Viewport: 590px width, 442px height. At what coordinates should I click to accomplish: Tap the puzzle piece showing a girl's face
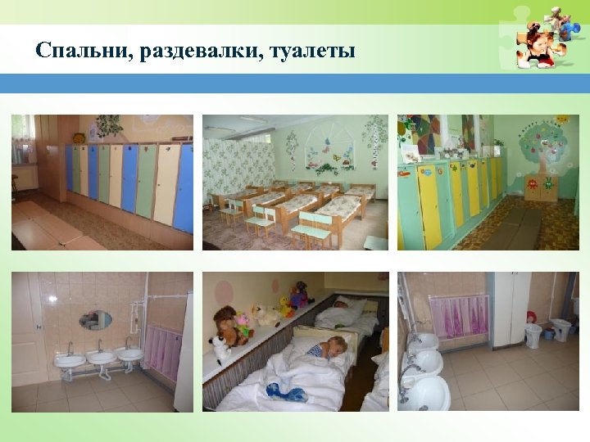tap(537, 44)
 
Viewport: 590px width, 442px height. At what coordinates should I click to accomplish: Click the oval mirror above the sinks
tap(96, 319)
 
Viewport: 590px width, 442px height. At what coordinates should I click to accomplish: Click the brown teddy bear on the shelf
tap(225, 322)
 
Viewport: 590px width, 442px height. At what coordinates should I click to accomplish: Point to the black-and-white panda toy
tap(221, 348)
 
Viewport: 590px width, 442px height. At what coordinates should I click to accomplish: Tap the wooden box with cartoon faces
tap(540, 187)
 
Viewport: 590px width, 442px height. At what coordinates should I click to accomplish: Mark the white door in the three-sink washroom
tap(25, 327)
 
